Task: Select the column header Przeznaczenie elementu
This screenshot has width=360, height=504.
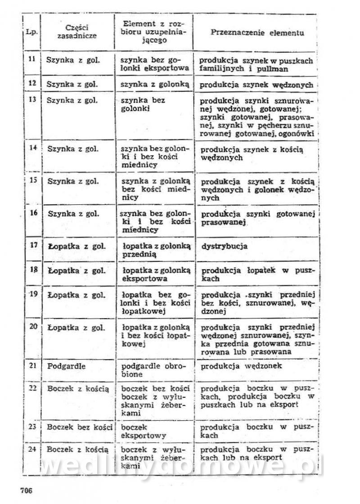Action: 257,33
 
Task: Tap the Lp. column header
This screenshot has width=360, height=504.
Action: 31,33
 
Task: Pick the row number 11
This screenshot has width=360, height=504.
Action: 32,60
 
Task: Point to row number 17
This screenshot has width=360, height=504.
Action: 33,246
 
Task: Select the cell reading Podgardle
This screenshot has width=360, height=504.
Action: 66,366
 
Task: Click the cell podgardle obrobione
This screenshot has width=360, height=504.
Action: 153,370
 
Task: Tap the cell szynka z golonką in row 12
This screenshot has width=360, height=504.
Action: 154,84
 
